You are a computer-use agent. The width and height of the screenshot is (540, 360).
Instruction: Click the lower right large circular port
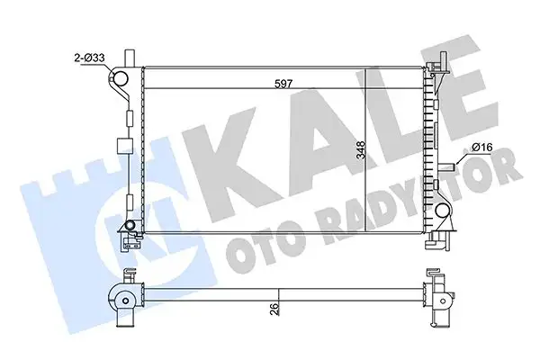point(443,212)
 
